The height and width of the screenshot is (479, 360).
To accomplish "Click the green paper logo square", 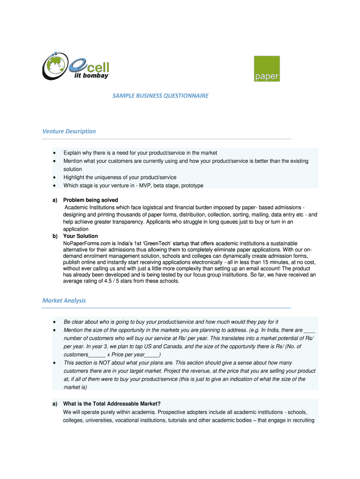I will click(x=266, y=69).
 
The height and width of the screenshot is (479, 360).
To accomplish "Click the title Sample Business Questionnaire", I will click(x=160, y=95).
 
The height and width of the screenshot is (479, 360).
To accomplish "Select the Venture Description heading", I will click(x=69, y=131).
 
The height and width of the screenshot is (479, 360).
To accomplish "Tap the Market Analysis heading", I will click(x=64, y=300).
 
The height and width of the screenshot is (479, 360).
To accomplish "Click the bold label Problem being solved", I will click(x=91, y=200).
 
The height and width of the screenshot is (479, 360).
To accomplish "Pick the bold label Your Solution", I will click(x=80, y=236).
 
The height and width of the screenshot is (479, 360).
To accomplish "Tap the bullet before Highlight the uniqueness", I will click(x=55, y=178).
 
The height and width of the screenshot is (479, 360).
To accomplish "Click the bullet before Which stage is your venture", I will click(x=55, y=186).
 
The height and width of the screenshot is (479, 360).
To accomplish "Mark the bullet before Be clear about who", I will click(x=55, y=322).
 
